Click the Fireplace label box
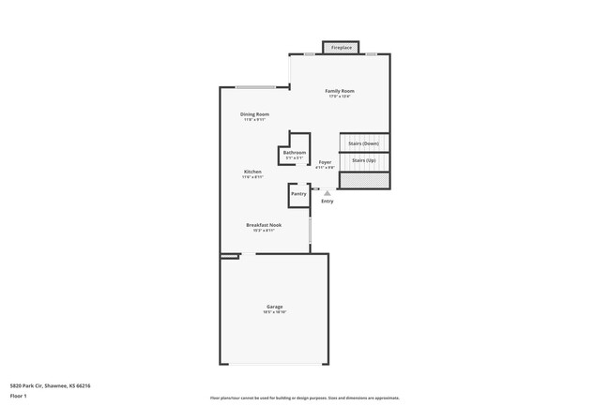(342, 47)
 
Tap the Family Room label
(340, 91)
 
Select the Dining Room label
(254, 114)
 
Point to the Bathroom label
(295, 152)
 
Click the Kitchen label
(253, 172)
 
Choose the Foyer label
(325, 162)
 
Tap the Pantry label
(298, 193)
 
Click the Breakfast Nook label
(264, 225)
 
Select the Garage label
(275, 307)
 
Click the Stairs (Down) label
(364, 143)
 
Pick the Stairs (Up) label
(364, 160)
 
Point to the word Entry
(328, 201)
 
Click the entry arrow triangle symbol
(328, 193)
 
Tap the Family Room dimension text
(340, 97)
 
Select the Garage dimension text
(275, 312)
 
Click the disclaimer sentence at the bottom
(304, 398)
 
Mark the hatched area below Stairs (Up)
(363, 178)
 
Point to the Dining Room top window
(255, 87)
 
